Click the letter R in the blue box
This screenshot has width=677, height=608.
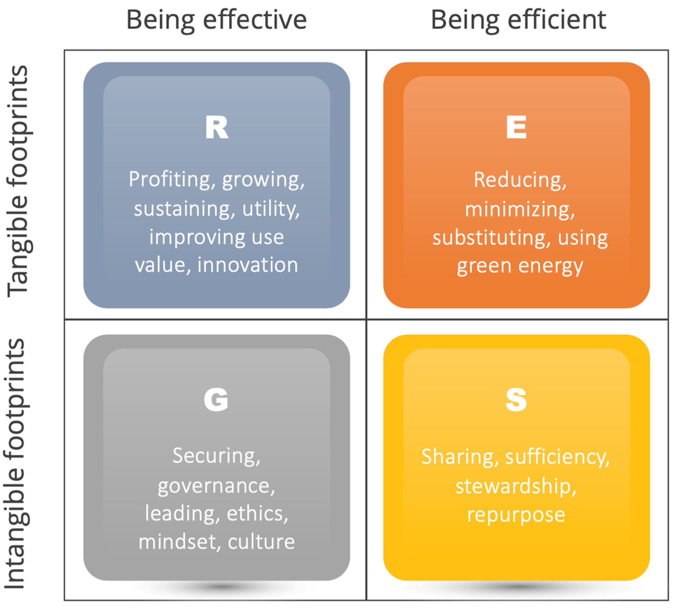(217, 127)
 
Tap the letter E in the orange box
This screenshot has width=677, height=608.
(516, 127)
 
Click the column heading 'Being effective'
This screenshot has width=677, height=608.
(216, 20)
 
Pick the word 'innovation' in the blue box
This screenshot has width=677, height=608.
(247, 265)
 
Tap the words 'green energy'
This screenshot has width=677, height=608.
(520, 267)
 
